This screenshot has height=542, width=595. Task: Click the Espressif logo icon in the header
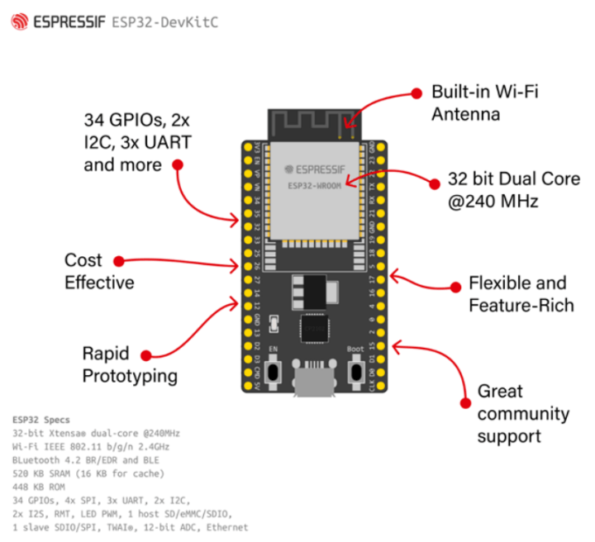click(18, 22)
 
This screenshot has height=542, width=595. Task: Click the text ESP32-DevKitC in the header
click(164, 22)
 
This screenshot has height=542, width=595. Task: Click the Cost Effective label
click(98, 271)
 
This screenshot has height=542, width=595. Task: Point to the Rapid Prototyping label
click(130, 365)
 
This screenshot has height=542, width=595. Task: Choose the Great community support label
click(522, 413)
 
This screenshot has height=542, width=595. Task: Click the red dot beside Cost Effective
click(118, 261)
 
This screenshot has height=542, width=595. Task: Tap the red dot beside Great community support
click(464, 403)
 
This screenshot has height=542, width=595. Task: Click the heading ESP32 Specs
click(42, 419)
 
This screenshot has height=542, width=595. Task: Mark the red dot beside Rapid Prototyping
click(146, 355)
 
